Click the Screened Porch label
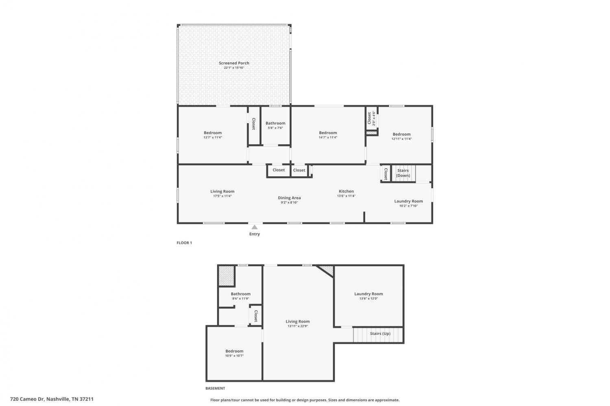(x=234, y=63)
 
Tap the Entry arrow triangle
(x=254, y=227)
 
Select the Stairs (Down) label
(x=403, y=173)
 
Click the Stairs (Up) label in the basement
(x=380, y=334)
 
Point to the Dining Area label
(x=289, y=198)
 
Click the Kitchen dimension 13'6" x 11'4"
(x=346, y=196)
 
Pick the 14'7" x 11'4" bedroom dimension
(x=328, y=137)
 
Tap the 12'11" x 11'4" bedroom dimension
(x=401, y=139)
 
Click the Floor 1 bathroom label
(x=275, y=123)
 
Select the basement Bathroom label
(x=240, y=294)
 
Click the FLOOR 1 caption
(x=184, y=243)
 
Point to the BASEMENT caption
(x=215, y=388)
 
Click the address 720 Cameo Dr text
(x=27, y=399)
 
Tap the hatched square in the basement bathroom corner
(x=227, y=276)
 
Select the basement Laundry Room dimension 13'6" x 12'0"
(x=368, y=299)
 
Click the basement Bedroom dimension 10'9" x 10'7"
(x=234, y=356)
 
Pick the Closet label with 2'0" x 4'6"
(x=371, y=118)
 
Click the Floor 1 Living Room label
(x=222, y=191)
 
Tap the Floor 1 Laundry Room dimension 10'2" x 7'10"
(x=408, y=206)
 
